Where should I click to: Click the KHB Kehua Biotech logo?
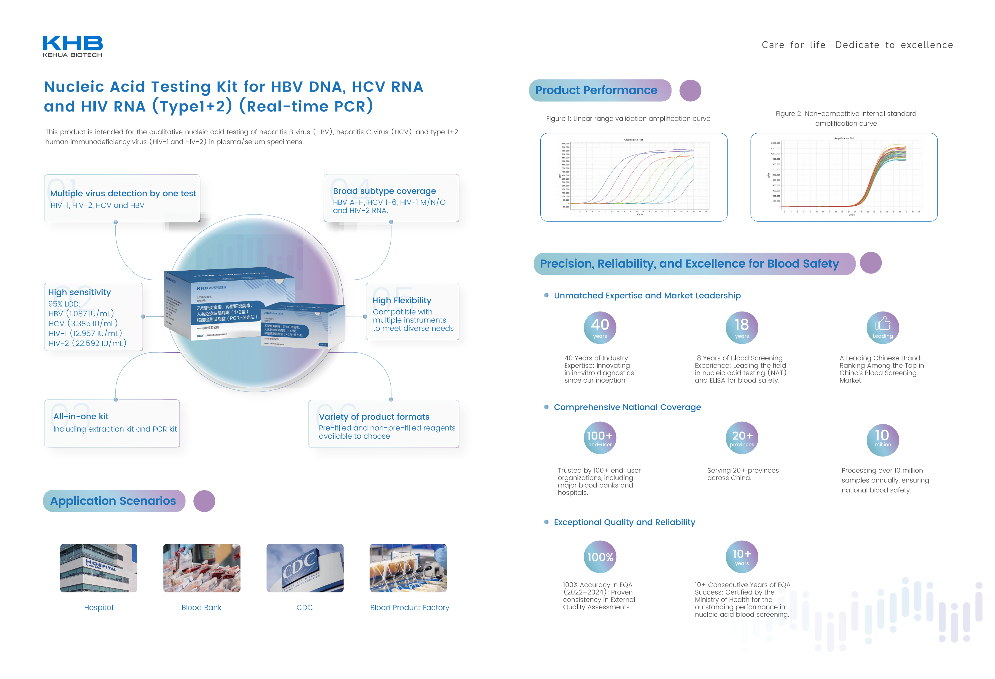coord(72,46)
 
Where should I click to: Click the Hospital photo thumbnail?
coord(98,568)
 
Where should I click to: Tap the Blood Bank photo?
coord(202,568)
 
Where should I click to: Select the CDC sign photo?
coord(305,568)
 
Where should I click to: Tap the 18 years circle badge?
coord(741,327)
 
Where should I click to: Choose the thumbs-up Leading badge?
coord(882,327)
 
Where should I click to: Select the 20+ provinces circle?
coord(741,438)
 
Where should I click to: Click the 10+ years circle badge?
coord(741,557)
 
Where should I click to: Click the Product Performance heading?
coord(596,90)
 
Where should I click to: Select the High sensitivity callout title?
coord(80,292)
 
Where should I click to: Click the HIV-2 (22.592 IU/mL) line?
coord(87,343)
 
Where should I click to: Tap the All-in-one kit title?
coord(81,416)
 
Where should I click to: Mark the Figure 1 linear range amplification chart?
coord(634,177)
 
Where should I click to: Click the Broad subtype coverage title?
coord(384,191)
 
